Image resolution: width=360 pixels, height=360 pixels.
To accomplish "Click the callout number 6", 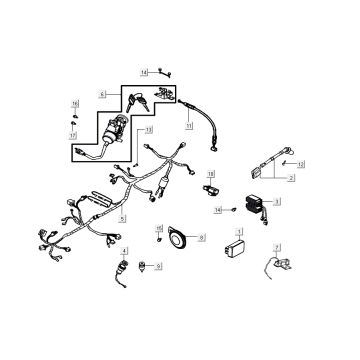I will (102, 93).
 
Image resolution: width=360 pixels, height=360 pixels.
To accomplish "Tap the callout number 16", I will (74, 104).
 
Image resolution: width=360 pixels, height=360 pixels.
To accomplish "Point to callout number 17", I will (74, 134).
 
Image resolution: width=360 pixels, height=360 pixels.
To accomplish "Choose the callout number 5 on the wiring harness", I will (123, 216).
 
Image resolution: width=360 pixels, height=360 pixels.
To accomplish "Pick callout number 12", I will (301, 163).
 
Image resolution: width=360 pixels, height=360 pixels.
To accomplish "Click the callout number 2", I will (291, 178).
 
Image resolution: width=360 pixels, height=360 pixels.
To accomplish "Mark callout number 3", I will (278, 201).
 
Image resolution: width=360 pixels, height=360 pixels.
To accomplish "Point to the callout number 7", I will (278, 245).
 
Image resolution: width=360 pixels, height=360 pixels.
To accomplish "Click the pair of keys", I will (138, 98).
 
